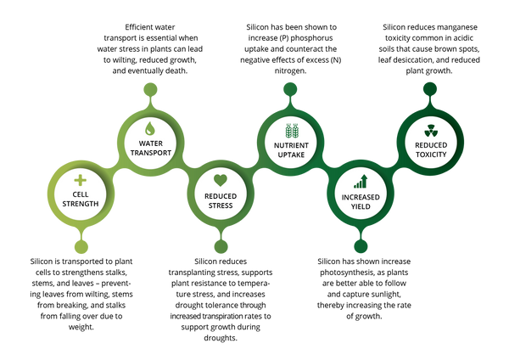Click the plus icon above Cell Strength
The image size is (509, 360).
point(80,180)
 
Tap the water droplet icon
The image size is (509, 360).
point(149,129)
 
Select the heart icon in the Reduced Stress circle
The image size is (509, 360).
point(221,180)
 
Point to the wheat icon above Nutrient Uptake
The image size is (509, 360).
point(292,130)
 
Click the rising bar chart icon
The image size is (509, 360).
point(361,180)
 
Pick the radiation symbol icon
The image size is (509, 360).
point(431,130)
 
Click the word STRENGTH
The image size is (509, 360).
point(80,204)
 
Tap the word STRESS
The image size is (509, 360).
point(221,204)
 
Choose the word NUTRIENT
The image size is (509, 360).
point(292,145)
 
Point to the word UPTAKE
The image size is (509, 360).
point(292,154)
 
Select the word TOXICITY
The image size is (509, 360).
point(432,154)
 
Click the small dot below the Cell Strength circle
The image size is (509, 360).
point(80,247)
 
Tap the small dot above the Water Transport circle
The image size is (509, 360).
point(150,88)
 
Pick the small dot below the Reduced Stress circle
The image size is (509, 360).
point(221,247)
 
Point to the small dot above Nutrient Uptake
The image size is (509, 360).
point(291,88)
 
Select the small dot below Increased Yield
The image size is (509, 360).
point(361,247)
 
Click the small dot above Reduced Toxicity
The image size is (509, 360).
point(431,88)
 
